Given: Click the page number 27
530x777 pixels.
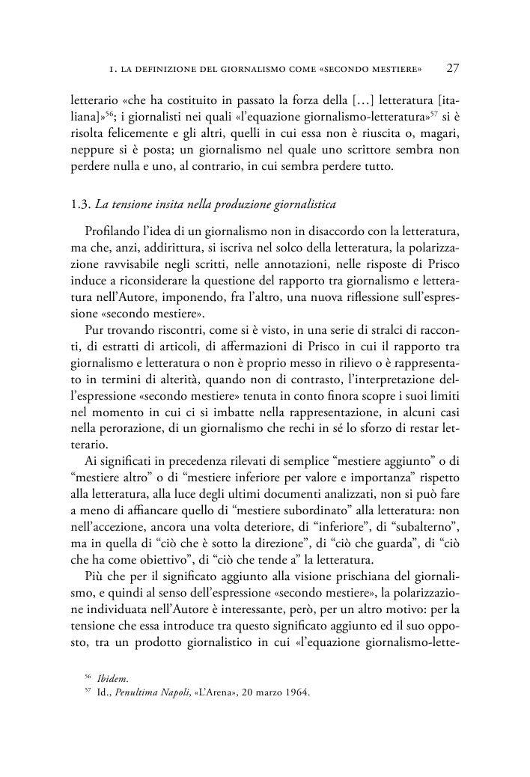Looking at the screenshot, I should (453, 69).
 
